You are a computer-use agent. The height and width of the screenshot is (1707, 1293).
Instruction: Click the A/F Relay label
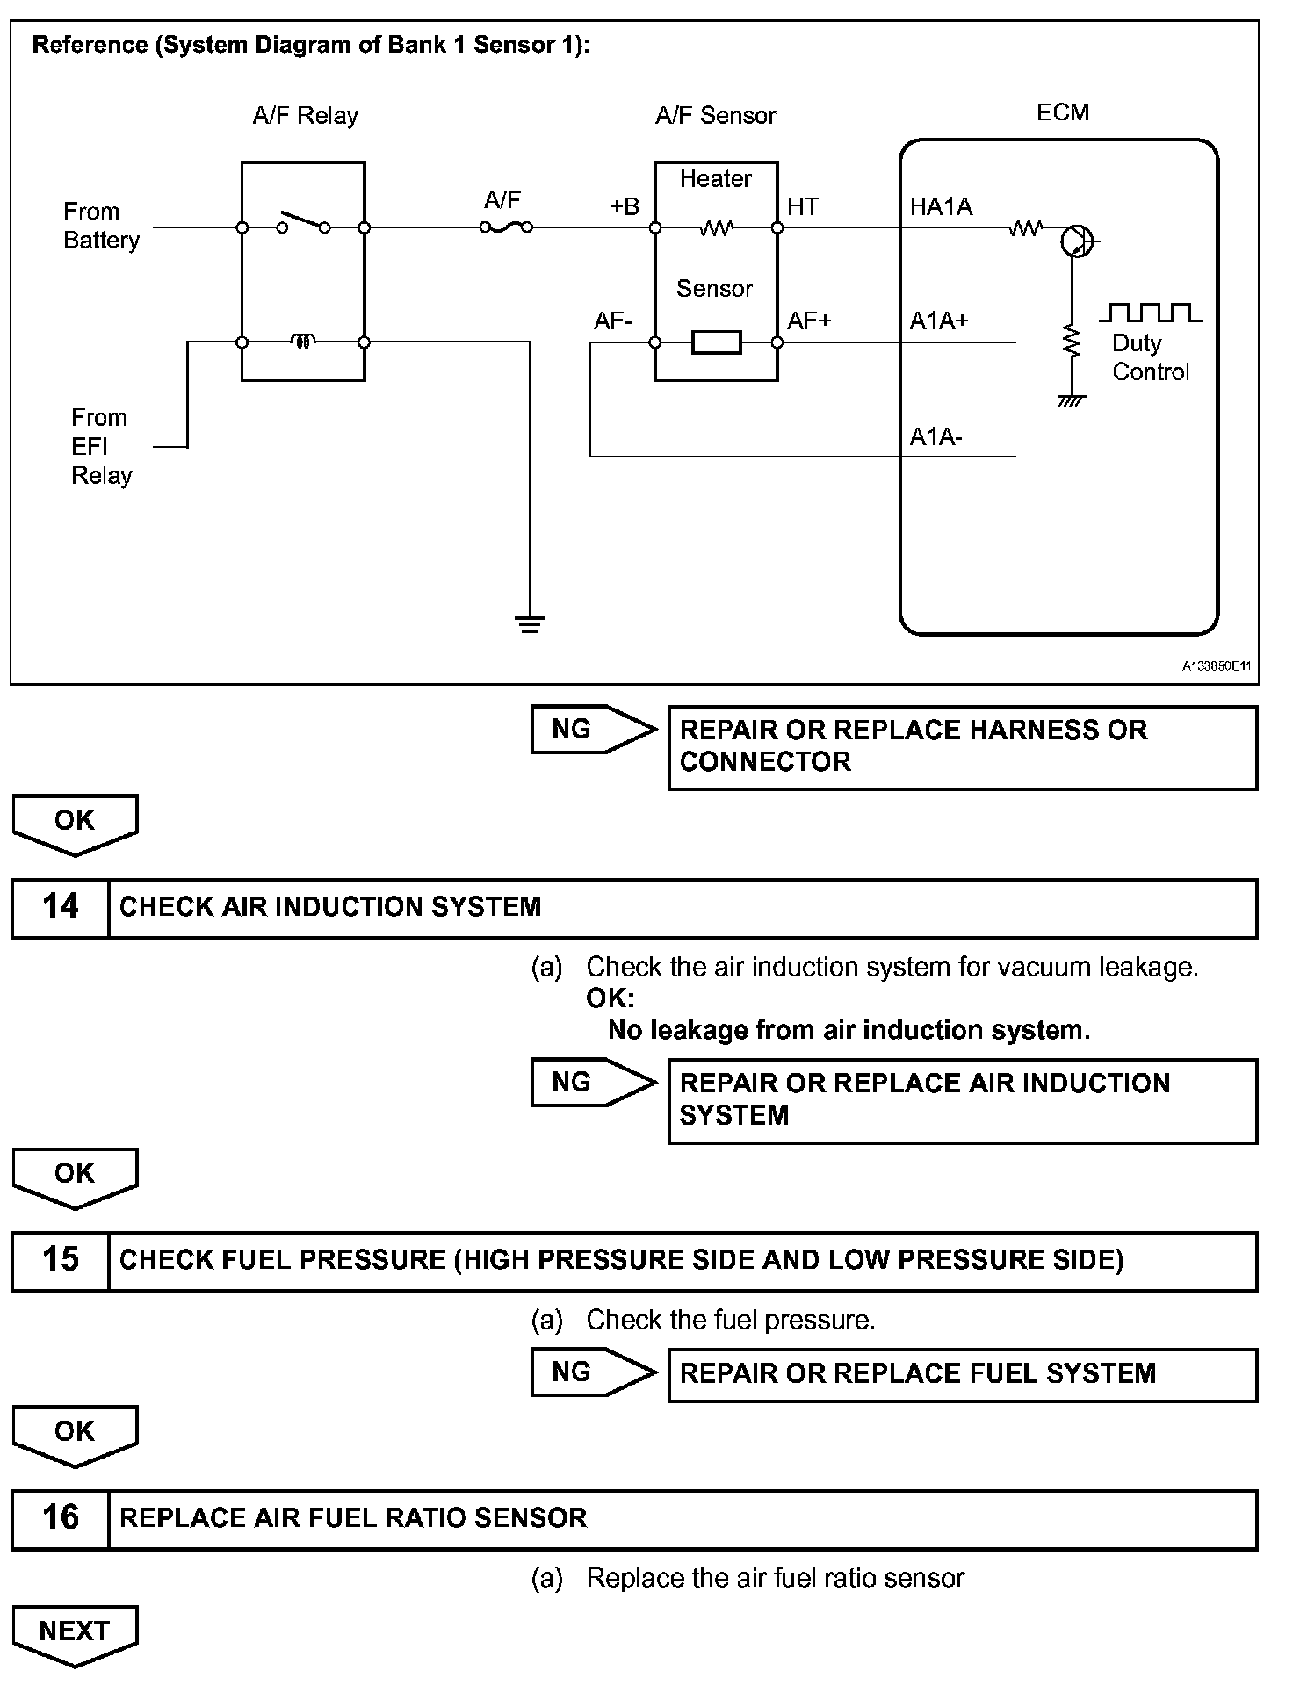click(x=305, y=116)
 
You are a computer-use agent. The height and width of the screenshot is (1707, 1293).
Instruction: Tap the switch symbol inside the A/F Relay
click(x=303, y=223)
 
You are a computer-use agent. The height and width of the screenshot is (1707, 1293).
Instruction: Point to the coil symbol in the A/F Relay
click(x=303, y=341)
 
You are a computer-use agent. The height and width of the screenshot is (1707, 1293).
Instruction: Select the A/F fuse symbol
click(x=506, y=227)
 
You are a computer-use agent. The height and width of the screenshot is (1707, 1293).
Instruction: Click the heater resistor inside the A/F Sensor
click(x=716, y=228)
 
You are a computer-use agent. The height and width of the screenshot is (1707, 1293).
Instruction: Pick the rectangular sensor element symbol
click(x=716, y=342)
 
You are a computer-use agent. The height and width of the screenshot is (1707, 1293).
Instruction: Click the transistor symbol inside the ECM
click(x=1076, y=240)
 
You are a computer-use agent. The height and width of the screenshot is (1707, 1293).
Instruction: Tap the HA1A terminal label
click(x=941, y=207)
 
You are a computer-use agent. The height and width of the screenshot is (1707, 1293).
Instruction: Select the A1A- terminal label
click(x=935, y=436)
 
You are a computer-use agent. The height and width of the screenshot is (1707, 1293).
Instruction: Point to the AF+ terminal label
click(x=808, y=321)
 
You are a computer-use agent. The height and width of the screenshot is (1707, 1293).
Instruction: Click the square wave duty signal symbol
click(x=1151, y=312)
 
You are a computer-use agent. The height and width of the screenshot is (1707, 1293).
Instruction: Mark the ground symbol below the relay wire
click(x=530, y=624)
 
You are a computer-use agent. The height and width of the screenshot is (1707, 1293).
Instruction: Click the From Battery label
click(x=101, y=226)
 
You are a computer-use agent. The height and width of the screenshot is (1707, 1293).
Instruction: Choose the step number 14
click(x=61, y=907)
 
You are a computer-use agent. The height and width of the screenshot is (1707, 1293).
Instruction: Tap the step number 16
click(x=61, y=1516)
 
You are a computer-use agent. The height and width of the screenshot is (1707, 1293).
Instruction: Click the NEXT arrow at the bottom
click(x=75, y=1636)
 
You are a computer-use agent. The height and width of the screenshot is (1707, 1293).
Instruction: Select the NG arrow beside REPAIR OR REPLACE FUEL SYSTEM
click(x=594, y=1372)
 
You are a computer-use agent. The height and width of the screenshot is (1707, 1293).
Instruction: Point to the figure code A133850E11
click(x=1216, y=666)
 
